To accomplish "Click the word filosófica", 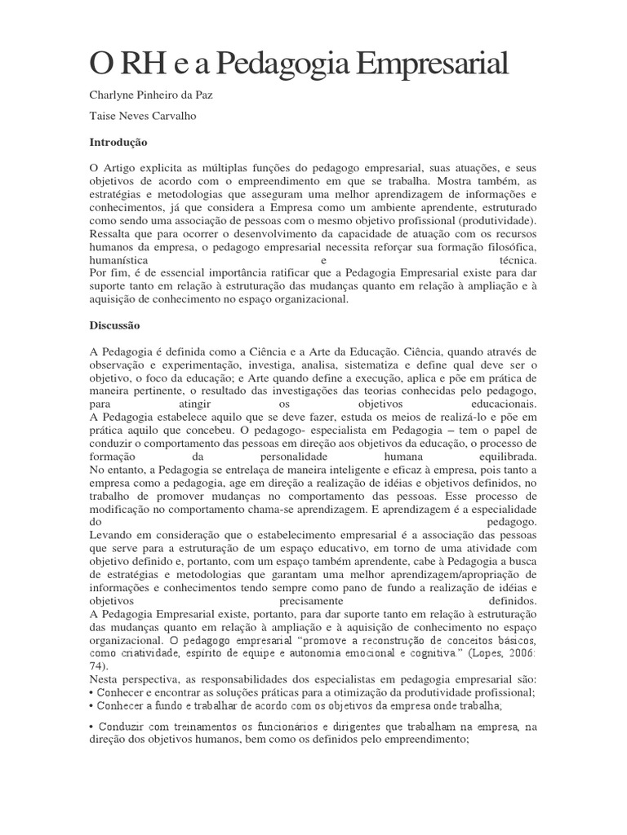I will coord(509,247).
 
